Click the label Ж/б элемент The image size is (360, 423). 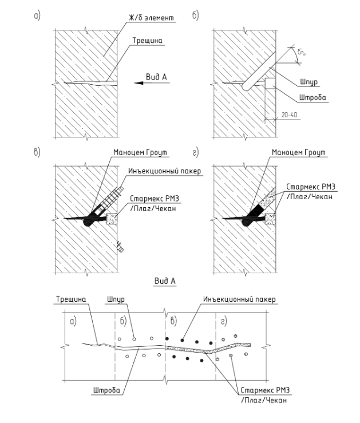point(151,18)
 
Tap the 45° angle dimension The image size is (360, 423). point(301,52)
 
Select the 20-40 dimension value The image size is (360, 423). point(290,114)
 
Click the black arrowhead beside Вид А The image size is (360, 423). point(139,83)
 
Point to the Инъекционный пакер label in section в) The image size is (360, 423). point(164,171)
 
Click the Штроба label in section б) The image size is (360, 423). point(312,97)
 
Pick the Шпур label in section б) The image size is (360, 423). point(308,82)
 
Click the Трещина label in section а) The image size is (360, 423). point(147,41)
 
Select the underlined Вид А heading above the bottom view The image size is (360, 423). point(165,281)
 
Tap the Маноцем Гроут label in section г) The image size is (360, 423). point(299,152)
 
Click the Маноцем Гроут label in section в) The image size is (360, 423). point(140,152)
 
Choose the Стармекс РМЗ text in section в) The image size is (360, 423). point(155,199)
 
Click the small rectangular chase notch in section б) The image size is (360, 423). point(270,83)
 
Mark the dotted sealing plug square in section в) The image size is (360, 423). point(112,219)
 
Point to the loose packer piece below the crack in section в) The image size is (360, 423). point(120,247)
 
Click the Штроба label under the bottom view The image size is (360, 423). point(106,390)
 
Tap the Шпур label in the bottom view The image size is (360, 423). point(116,299)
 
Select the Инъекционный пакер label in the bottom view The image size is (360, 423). point(239,299)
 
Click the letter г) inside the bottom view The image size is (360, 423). point(224,321)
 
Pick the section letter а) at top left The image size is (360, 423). point(37,15)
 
